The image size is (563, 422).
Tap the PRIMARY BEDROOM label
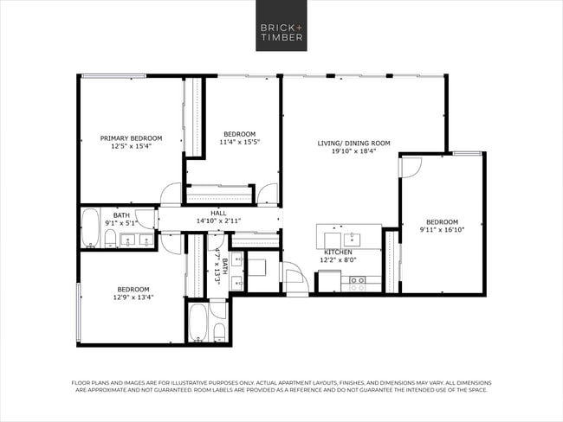(x=131, y=138)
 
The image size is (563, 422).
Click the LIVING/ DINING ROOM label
(x=353, y=143)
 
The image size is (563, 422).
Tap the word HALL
(x=219, y=213)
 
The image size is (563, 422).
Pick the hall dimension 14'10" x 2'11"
(x=219, y=221)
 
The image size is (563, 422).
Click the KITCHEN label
(x=338, y=252)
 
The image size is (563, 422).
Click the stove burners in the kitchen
(x=357, y=281)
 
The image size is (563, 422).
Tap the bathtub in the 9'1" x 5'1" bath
(x=90, y=227)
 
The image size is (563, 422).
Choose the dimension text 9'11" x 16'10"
(x=442, y=229)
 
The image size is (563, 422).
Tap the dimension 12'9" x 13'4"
(x=133, y=297)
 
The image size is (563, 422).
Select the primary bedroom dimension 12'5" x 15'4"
(x=131, y=146)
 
